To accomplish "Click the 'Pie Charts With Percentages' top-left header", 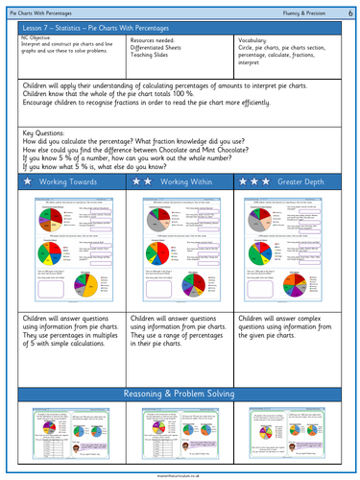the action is pos(49,9).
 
